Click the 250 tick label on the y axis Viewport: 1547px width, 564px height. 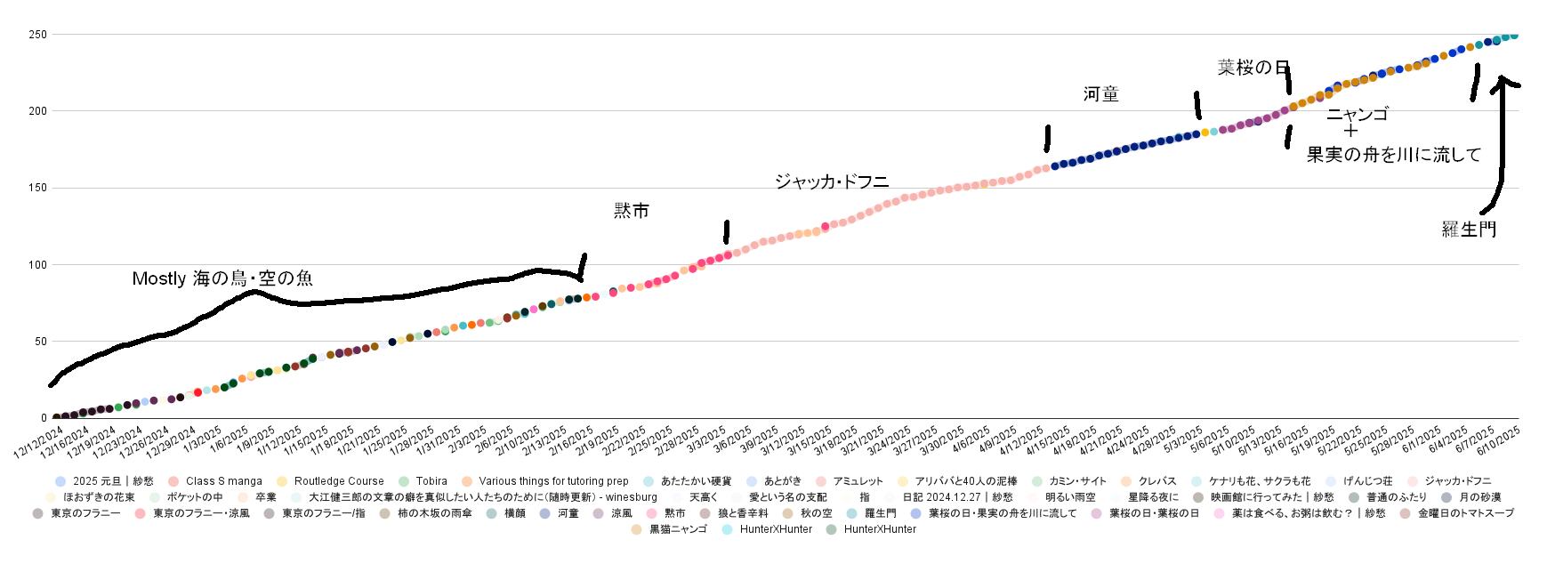tap(37, 35)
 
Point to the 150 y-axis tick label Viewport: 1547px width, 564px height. tap(37, 188)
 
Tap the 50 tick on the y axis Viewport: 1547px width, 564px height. tap(40, 342)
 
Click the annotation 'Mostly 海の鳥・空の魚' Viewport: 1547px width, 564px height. tap(222, 279)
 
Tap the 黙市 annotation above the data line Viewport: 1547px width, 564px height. tap(632, 211)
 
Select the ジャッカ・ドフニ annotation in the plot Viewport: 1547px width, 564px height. tap(832, 182)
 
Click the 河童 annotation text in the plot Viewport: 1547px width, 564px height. tap(1100, 95)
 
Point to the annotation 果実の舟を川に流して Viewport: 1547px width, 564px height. tap(1394, 156)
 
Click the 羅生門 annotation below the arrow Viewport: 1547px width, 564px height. tap(1469, 230)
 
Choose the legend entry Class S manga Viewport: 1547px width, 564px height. tap(223, 481)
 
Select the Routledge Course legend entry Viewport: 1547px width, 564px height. tap(338, 481)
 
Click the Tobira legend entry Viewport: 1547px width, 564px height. tap(431, 481)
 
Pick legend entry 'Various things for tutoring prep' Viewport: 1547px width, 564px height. tap(552, 481)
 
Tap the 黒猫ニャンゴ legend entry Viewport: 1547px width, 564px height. tap(678, 529)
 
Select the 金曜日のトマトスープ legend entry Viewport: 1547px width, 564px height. tap(1465, 513)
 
